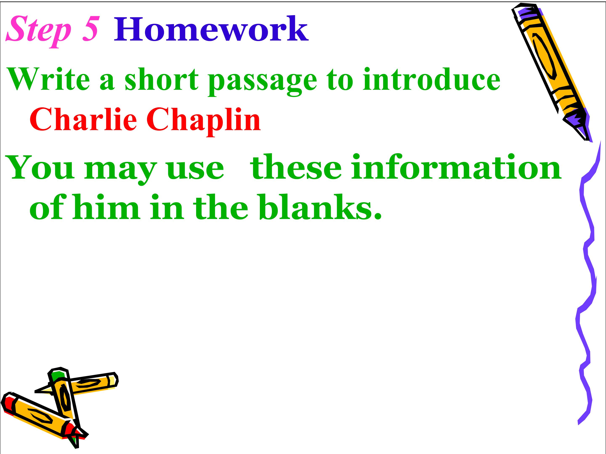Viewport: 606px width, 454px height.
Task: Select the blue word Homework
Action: tap(211, 29)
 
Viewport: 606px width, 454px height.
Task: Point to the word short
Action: tap(162, 79)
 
